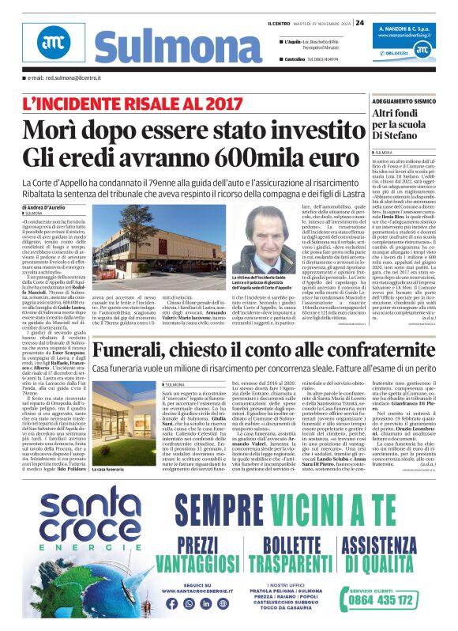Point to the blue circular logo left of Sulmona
[54, 43]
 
